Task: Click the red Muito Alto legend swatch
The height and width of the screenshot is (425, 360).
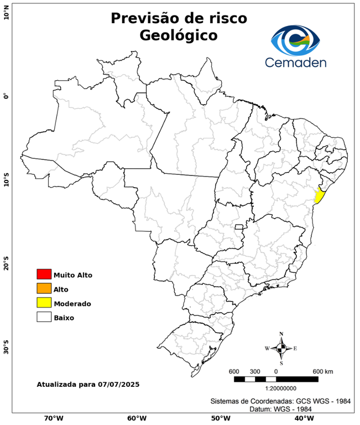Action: tap(44, 274)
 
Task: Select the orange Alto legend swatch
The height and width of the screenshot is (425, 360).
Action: tap(44, 288)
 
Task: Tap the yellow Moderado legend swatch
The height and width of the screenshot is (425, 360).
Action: tap(44, 303)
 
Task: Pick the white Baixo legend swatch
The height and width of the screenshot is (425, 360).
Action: tap(44, 317)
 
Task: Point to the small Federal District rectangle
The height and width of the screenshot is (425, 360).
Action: tap(239, 227)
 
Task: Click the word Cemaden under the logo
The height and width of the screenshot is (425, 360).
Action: tap(295, 62)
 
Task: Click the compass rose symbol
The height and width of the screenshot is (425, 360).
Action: tap(281, 348)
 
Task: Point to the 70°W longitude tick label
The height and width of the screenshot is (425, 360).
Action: tap(53, 418)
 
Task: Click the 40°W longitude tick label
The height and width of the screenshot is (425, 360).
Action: tap(302, 418)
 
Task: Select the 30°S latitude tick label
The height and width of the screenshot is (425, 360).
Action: tap(6, 350)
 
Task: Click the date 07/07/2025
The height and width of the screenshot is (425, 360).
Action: tap(118, 384)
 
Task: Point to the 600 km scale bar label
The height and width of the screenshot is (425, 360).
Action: tap(323, 371)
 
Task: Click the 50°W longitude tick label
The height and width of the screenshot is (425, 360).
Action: tap(219, 418)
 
